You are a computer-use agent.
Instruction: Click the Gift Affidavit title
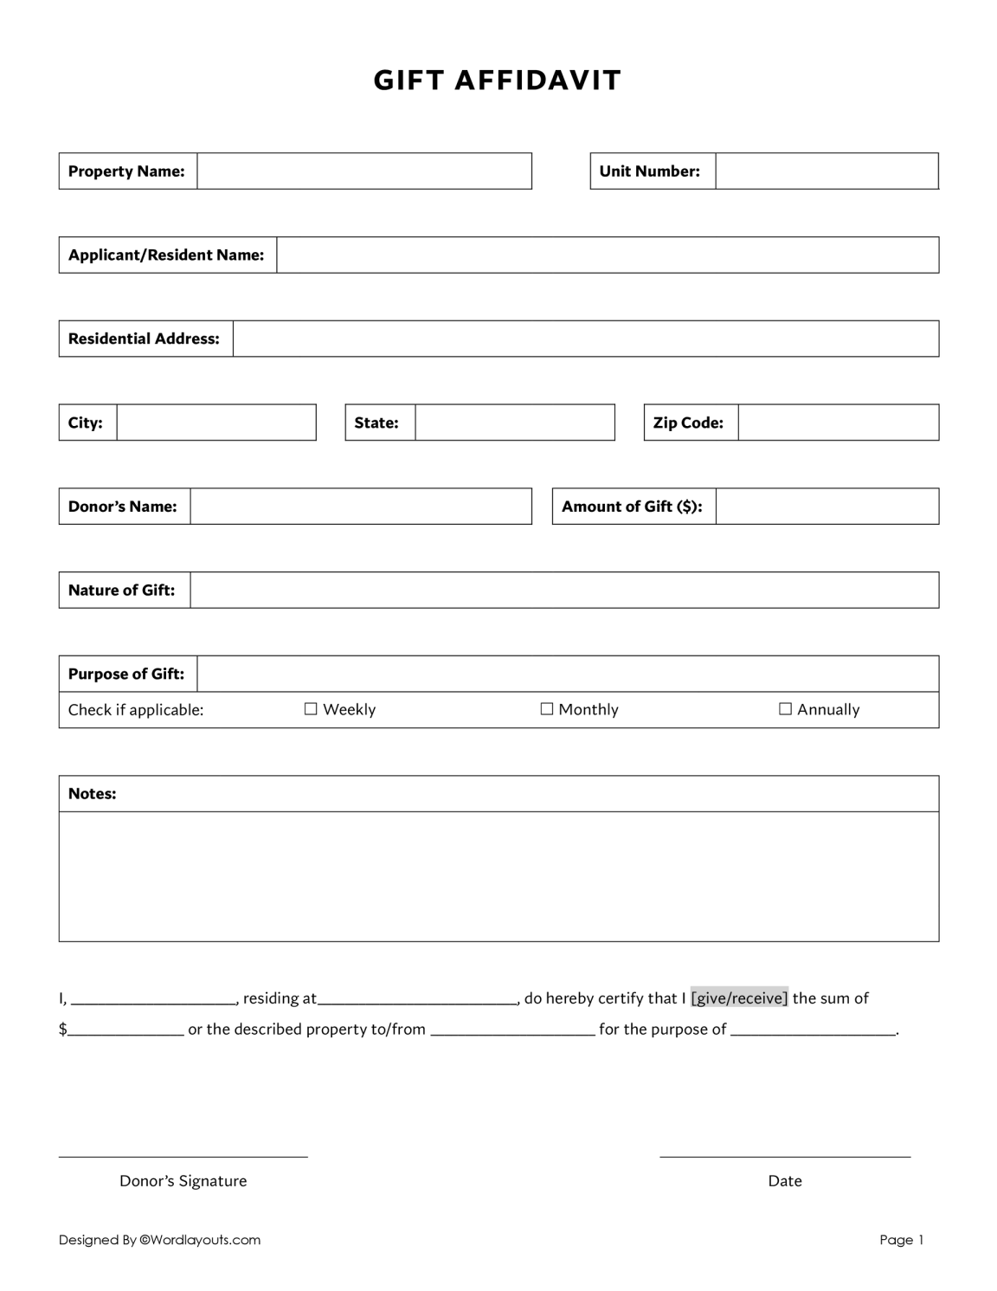pyautogui.click(x=498, y=81)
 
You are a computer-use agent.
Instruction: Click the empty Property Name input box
pyautogui.click(x=363, y=171)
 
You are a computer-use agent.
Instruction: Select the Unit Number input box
pyautogui.click(x=827, y=171)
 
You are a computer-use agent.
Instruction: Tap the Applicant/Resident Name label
pyautogui.click(x=166, y=255)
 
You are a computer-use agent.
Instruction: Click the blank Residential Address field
pyautogui.click(x=585, y=339)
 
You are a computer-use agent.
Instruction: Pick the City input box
pyautogui.click(x=216, y=423)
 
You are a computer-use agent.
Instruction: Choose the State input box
pyautogui.click(x=514, y=423)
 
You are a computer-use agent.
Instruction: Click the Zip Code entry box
pyautogui.click(x=838, y=423)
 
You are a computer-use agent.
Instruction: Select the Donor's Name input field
pyautogui.click(x=360, y=507)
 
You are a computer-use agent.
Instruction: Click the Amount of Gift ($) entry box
pyautogui.click(x=827, y=507)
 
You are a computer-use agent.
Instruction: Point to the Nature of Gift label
pyautogui.click(x=122, y=591)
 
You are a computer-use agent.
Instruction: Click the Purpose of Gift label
pyautogui.click(x=126, y=674)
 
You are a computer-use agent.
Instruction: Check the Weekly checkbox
pyautogui.click(x=312, y=709)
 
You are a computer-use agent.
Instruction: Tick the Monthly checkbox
pyautogui.click(x=547, y=709)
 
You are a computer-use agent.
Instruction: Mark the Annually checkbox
pyautogui.click(x=786, y=709)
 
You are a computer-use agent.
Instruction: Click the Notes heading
pyautogui.click(x=93, y=794)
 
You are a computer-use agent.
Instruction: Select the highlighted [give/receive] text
pyautogui.click(x=739, y=998)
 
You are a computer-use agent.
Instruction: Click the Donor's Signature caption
pyautogui.click(x=183, y=1181)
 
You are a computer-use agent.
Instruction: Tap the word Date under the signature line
pyautogui.click(x=785, y=1181)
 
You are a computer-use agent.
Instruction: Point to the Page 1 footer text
pyautogui.click(x=902, y=1240)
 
